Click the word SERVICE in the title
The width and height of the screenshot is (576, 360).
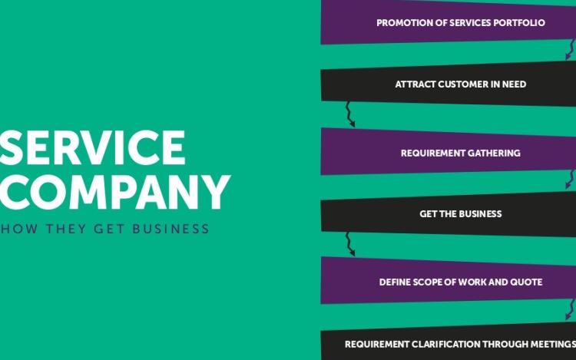point(92,147)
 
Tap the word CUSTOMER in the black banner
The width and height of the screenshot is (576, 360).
point(462,84)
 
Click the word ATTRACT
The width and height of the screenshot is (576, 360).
point(415,84)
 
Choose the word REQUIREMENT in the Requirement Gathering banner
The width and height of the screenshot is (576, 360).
point(432,154)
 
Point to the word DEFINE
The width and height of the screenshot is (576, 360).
point(397,282)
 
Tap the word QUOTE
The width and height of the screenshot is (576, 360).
point(527,282)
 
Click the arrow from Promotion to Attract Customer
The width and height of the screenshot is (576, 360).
point(569,51)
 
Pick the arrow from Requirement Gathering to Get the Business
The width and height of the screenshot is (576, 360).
point(569,180)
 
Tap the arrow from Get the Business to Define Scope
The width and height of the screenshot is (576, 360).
point(350,243)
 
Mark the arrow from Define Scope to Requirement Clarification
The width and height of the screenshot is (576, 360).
point(569,310)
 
